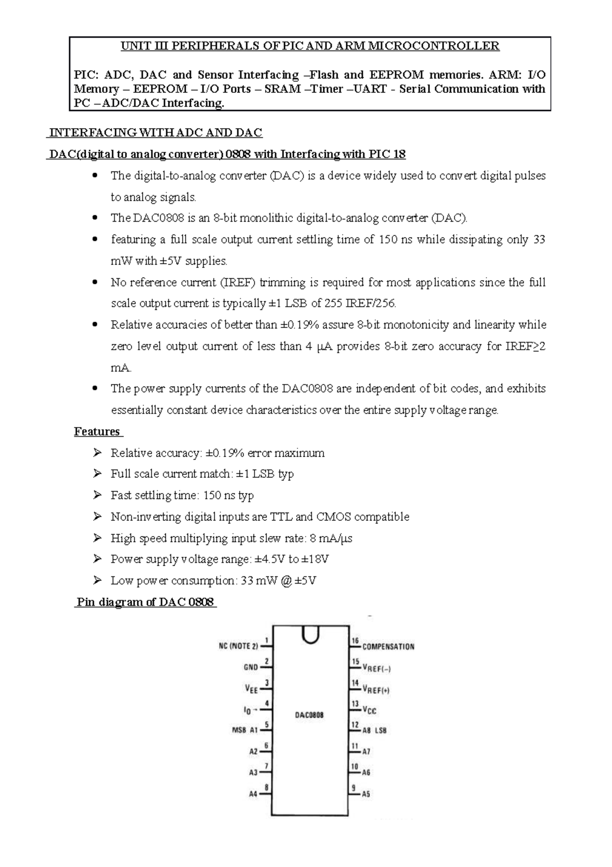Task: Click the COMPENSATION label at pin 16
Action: pyautogui.click(x=388, y=646)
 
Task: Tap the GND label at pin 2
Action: pyautogui.click(x=250, y=667)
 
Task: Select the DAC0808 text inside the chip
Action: pyautogui.click(x=309, y=715)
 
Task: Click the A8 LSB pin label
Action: pyautogui.click(x=374, y=731)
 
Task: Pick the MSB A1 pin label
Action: pyautogui.click(x=245, y=730)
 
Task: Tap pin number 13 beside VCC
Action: pyautogui.click(x=355, y=704)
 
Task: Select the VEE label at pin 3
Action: pyautogui.click(x=251, y=689)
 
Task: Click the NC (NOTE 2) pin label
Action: pyautogui.click(x=238, y=646)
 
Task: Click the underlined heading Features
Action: pyautogui.click(x=97, y=431)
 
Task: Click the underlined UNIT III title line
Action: pyautogui.click(x=310, y=46)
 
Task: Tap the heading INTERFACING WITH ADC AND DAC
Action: pyautogui.click(x=155, y=133)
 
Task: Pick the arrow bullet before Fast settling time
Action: pyautogui.click(x=97, y=495)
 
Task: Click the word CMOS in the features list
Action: pyautogui.click(x=334, y=517)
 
